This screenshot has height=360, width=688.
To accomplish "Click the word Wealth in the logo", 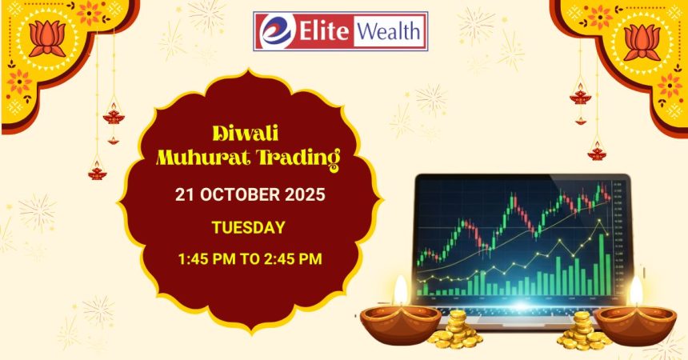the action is tap(388, 32).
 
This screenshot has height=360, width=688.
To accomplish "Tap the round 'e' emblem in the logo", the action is tap(277, 31).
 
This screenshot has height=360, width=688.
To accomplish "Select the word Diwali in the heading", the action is tap(246, 133).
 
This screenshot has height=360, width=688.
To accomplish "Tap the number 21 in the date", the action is tap(184, 194).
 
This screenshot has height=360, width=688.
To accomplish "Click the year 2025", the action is tap(306, 194).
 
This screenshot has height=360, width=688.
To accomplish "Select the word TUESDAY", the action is tap(248, 227).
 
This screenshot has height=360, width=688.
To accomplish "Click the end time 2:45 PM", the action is tap(293, 258).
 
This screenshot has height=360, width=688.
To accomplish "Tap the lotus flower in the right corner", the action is tap(642, 42).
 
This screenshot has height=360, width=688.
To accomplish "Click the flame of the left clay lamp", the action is tap(401, 290).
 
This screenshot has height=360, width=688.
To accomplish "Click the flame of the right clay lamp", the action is tap(636, 290).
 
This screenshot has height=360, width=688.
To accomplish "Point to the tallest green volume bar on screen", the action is tap(602, 264).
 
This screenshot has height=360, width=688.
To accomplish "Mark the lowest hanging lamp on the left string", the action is tap(98, 171).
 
